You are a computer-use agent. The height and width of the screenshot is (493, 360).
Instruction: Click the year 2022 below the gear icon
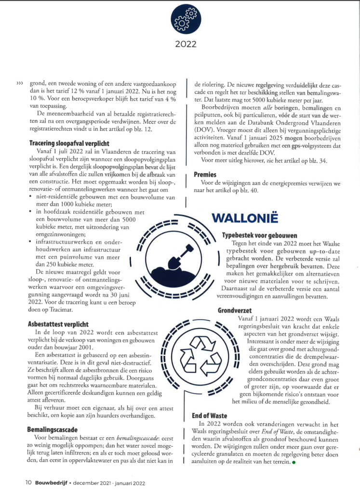tap(186, 45)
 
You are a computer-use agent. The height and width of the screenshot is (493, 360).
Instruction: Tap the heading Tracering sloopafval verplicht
tap(69, 143)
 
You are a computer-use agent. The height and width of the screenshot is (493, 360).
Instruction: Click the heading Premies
tap(205, 174)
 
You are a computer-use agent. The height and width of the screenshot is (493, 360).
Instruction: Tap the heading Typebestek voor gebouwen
tap(259, 235)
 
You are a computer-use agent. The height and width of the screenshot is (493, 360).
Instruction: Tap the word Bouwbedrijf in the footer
tap(52, 481)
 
